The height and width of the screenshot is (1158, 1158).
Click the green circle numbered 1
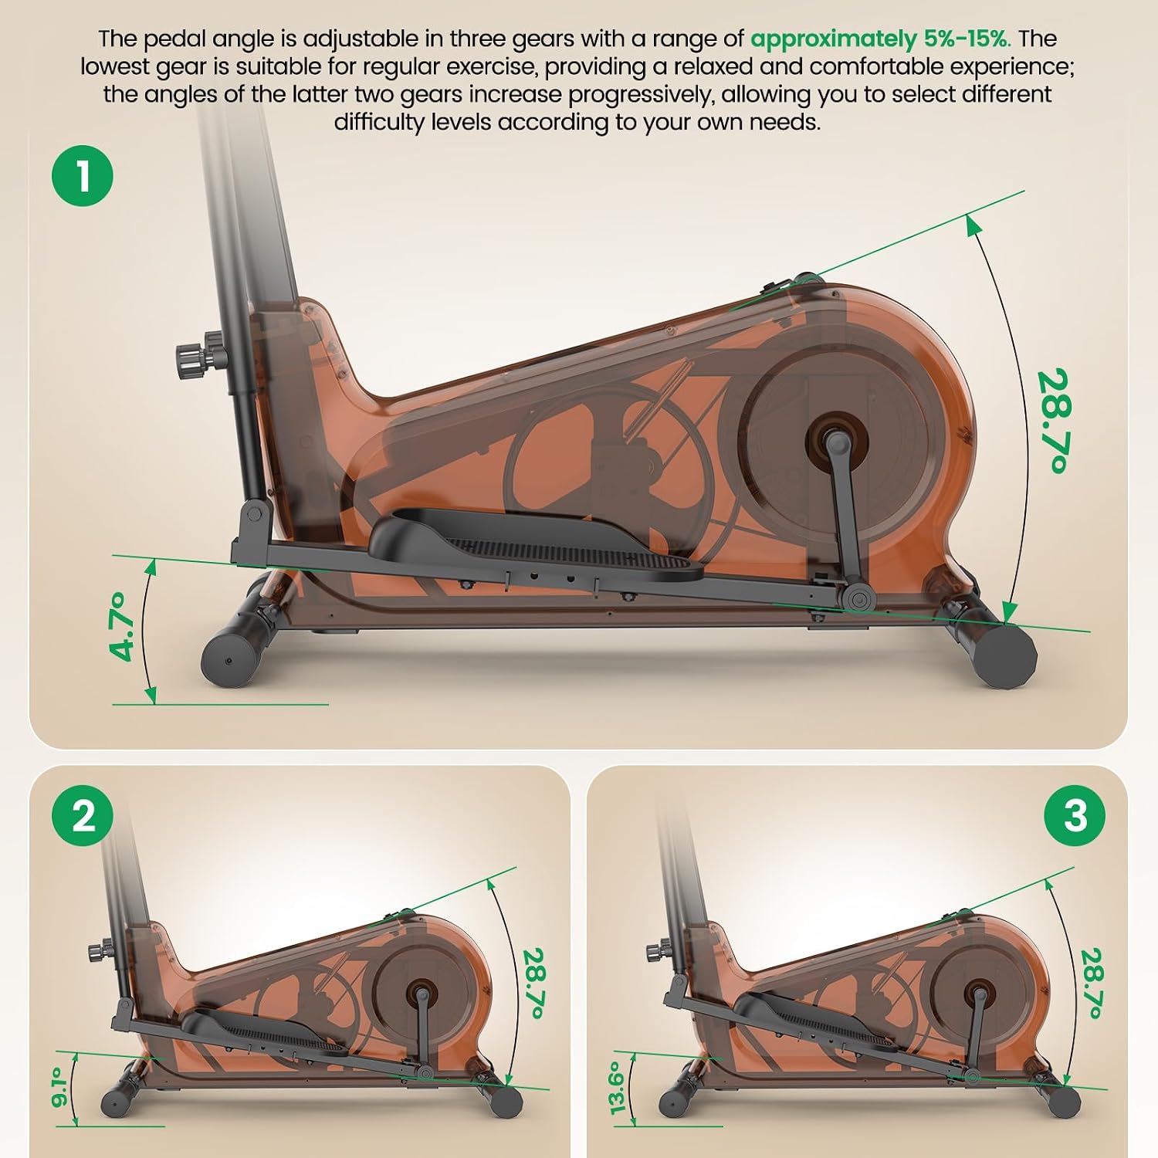pos(83,175)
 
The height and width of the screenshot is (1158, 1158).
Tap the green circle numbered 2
pos(83,815)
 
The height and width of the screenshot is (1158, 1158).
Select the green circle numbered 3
pos(1075,815)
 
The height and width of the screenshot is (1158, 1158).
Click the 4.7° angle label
pos(127,627)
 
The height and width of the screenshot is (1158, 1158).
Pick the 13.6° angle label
pos(616,1087)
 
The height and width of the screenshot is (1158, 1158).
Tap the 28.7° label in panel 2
pos(534,983)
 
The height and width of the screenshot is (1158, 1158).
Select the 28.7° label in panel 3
pos(1092,983)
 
